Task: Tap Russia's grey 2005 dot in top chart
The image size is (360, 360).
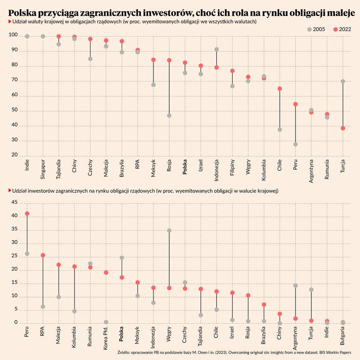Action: (x=169, y=116)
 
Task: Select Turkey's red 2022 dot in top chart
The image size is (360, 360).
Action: (x=343, y=128)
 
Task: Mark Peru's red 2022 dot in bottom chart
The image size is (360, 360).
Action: (x=27, y=213)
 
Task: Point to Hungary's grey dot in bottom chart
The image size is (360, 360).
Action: (x=169, y=231)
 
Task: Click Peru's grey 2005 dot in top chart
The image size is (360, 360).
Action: (x=296, y=144)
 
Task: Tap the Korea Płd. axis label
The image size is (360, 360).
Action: (x=106, y=336)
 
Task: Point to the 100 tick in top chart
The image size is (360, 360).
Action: (x=14, y=36)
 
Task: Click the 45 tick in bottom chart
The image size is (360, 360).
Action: (x=14, y=202)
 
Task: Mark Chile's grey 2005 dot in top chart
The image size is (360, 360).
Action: (x=280, y=130)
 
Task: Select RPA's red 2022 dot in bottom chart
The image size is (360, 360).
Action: (x=43, y=255)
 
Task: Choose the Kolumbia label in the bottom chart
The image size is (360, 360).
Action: (x=75, y=335)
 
